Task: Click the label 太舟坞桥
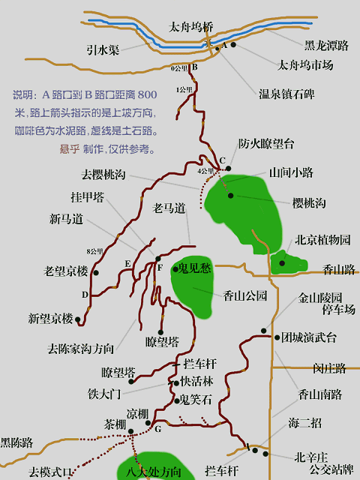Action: [191, 27]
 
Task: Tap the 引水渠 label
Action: [103, 50]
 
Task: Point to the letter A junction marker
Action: [223, 46]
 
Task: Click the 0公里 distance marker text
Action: [179, 69]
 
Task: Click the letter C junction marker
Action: [222, 160]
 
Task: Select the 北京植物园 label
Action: [322, 241]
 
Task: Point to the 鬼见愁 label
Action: [195, 268]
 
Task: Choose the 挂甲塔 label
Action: [88, 197]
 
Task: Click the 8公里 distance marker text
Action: [94, 250]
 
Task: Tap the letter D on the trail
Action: [85, 295]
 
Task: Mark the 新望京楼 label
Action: [51, 319]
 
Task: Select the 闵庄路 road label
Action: [329, 368]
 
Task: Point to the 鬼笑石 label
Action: [196, 399]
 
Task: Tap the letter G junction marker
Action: [158, 429]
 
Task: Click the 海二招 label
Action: [304, 423]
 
